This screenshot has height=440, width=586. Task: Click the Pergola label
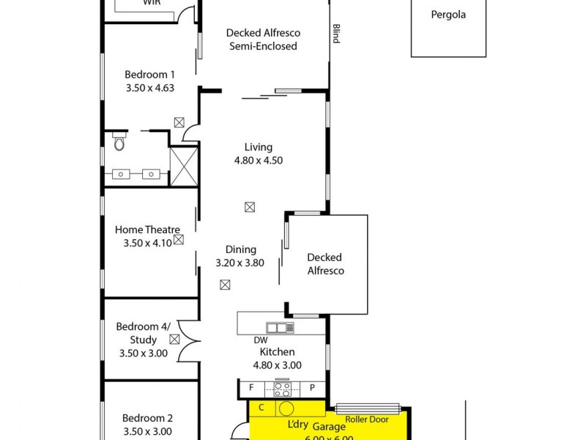click(x=448, y=15)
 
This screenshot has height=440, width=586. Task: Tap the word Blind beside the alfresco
click(x=336, y=34)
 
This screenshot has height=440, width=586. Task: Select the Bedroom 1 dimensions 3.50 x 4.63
click(x=149, y=87)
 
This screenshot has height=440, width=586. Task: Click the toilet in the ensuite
click(x=119, y=142)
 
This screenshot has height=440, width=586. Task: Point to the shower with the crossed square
click(x=184, y=166)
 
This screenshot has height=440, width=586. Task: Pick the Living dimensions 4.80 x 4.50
click(x=257, y=161)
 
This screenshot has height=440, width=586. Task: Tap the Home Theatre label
click(x=147, y=230)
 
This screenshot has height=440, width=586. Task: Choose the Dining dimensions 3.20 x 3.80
click(x=240, y=263)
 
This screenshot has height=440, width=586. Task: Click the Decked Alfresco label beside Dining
click(x=324, y=264)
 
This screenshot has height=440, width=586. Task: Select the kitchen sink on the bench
click(x=280, y=328)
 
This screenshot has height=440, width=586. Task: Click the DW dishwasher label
click(x=260, y=340)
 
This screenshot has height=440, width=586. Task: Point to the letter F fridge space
click(x=251, y=387)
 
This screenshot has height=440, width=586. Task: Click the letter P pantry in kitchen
click(x=311, y=387)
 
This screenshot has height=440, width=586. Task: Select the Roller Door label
click(x=366, y=419)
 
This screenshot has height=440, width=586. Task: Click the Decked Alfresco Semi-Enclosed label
click(x=263, y=40)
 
